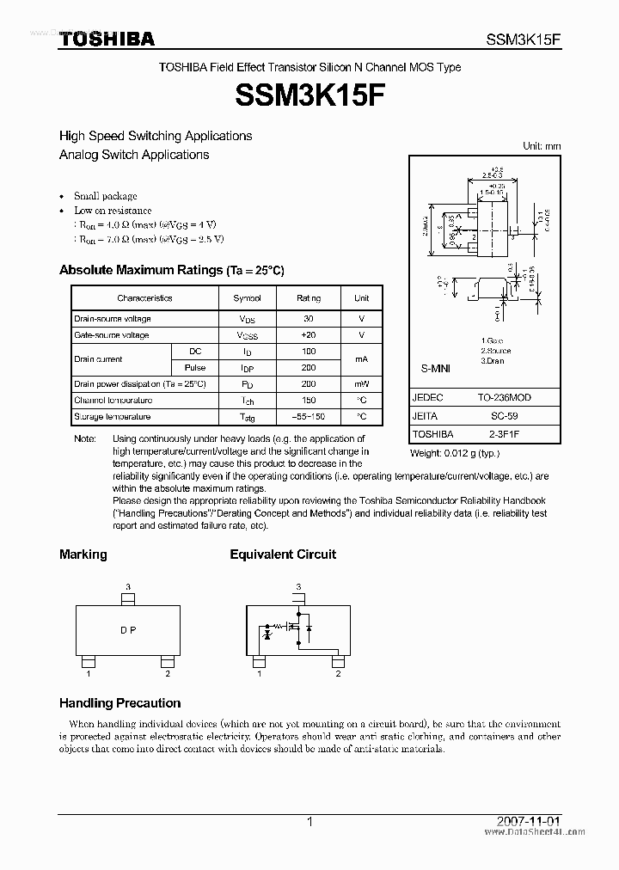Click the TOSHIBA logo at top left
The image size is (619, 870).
pyautogui.click(x=107, y=39)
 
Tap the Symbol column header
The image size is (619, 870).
pyautogui.click(x=247, y=298)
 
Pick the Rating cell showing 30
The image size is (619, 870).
pyautogui.click(x=309, y=319)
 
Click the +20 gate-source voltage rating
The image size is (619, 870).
pyautogui.click(x=309, y=335)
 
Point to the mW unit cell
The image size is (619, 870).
pyautogui.click(x=361, y=384)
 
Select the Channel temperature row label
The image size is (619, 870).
pyautogui.click(x=113, y=401)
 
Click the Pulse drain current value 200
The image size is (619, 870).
pyautogui.click(x=309, y=368)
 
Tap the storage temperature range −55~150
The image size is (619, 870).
pyautogui.click(x=309, y=417)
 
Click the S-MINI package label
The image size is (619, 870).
pyautogui.click(x=435, y=368)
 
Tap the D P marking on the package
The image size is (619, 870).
pyautogui.click(x=128, y=630)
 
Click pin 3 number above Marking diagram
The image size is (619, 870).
pyautogui.click(x=128, y=587)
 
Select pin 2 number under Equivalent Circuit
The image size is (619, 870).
pyautogui.click(x=338, y=674)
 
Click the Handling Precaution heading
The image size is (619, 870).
pyautogui.click(x=120, y=702)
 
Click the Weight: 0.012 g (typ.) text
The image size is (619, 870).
pyautogui.click(x=455, y=452)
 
